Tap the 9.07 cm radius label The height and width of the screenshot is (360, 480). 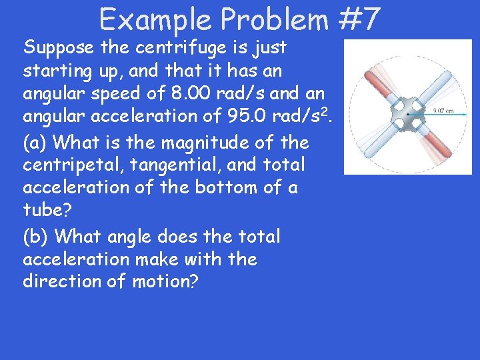coord(443,111)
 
